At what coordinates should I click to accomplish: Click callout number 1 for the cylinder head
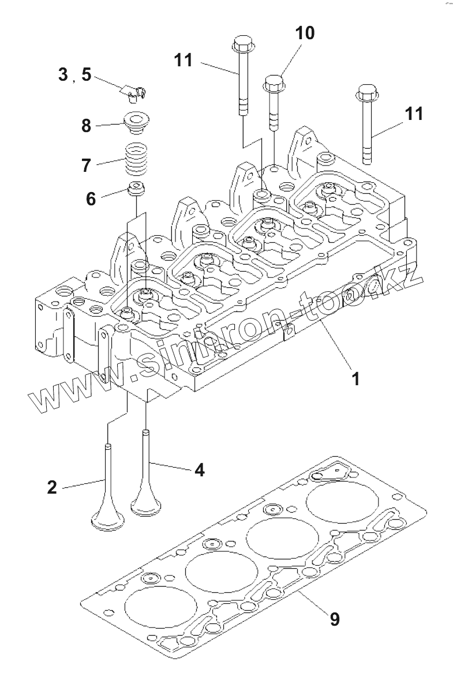(x=355, y=379)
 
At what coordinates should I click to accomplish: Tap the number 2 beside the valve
(x=52, y=487)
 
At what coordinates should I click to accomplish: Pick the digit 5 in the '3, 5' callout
(x=86, y=74)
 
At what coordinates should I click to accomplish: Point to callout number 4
(x=199, y=470)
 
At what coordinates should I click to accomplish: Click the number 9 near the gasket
(x=334, y=619)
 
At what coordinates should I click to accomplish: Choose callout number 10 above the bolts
(x=305, y=33)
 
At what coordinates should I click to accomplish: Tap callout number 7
(x=86, y=166)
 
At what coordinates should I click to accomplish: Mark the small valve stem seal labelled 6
(x=137, y=188)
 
